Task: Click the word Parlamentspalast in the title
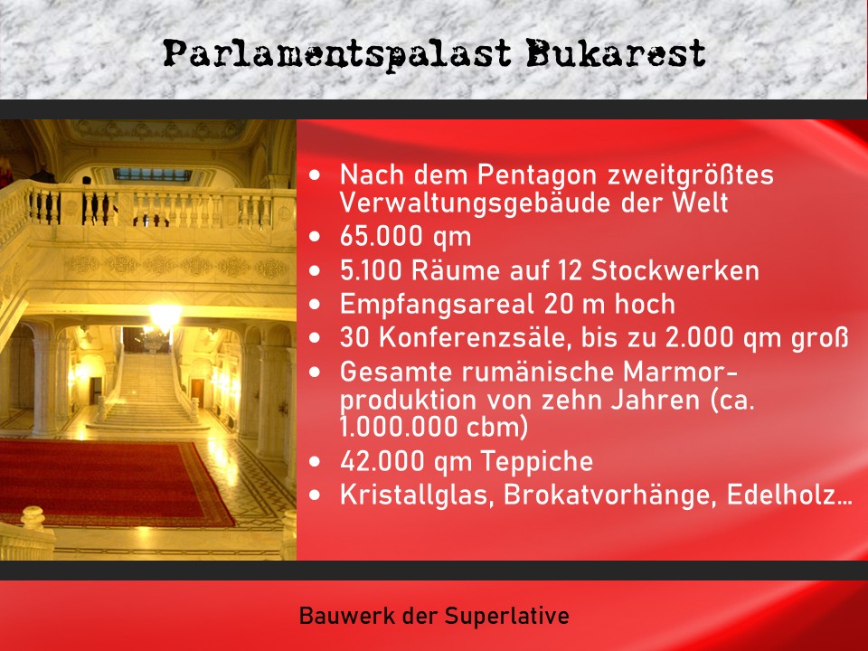pyautogui.click(x=338, y=54)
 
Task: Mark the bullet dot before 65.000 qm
pyautogui.click(x=314, y=237)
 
